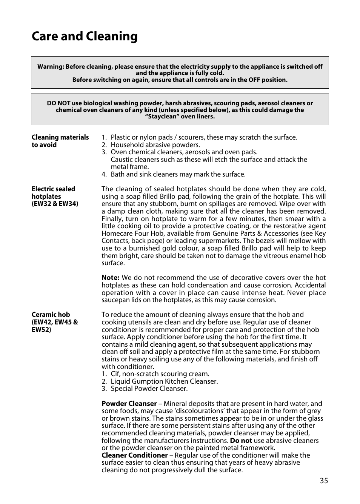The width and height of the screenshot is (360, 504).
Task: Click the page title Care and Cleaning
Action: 85,36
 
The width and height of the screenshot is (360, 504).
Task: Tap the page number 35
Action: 324,481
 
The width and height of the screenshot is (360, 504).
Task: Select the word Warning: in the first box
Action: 51,67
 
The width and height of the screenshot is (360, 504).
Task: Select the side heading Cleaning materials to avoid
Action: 60,141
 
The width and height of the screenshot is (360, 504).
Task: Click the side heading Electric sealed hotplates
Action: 53,193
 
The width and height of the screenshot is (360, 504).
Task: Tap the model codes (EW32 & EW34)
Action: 55,204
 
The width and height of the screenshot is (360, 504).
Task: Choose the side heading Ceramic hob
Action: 51,315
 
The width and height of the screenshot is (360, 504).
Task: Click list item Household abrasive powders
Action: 155,145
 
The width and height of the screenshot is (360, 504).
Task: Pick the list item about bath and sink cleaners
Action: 178,174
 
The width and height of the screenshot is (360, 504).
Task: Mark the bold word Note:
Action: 110,278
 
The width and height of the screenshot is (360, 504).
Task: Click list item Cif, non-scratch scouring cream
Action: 160,374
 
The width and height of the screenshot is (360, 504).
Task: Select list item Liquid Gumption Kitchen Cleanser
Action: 164,381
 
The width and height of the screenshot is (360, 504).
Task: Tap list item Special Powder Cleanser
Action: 149,389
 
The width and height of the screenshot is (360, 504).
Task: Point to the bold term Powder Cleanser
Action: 129,404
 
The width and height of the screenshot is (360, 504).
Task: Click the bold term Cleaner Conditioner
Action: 134,455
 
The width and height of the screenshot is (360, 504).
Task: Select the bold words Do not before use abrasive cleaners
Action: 241,441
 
